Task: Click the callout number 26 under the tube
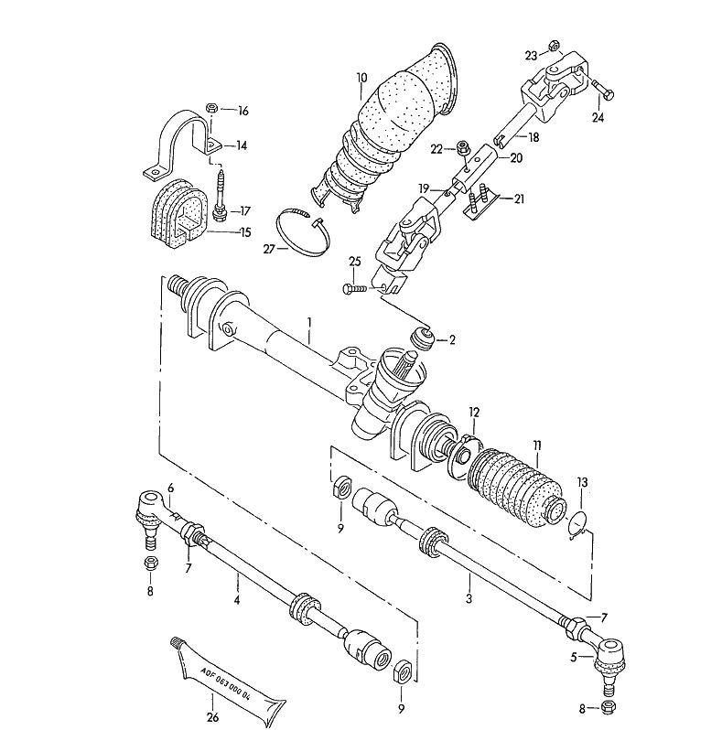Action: [x=212, y=718]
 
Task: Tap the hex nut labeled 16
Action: [x=211, y=108]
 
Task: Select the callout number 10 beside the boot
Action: [x=362, y=78]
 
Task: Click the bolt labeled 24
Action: [x=603, y=90]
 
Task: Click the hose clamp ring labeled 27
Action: [x=303, y=232]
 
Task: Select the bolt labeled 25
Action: [x=357, y=289]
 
